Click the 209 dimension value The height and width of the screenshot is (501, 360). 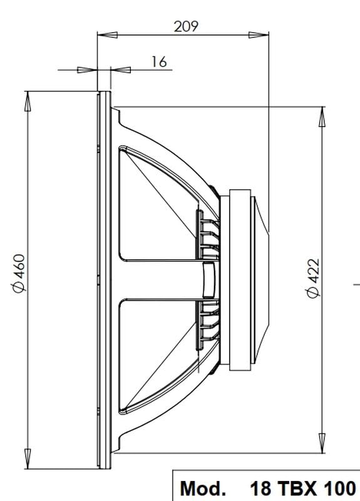(185, 26)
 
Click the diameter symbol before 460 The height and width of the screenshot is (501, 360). (19, 285)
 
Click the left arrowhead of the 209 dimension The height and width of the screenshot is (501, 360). (107, 35)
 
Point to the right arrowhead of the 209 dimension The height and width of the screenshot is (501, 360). (259, 35)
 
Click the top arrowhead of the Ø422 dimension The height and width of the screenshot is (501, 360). (322, 116)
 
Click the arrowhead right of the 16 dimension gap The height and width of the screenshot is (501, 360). (121, 70)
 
